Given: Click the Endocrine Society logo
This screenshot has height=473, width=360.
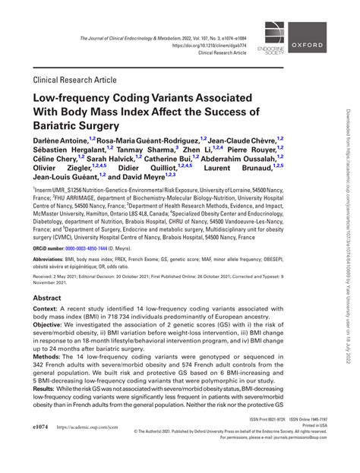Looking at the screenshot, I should pos(273,35).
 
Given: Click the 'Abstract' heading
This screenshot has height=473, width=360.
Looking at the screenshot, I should pos(49,299).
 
